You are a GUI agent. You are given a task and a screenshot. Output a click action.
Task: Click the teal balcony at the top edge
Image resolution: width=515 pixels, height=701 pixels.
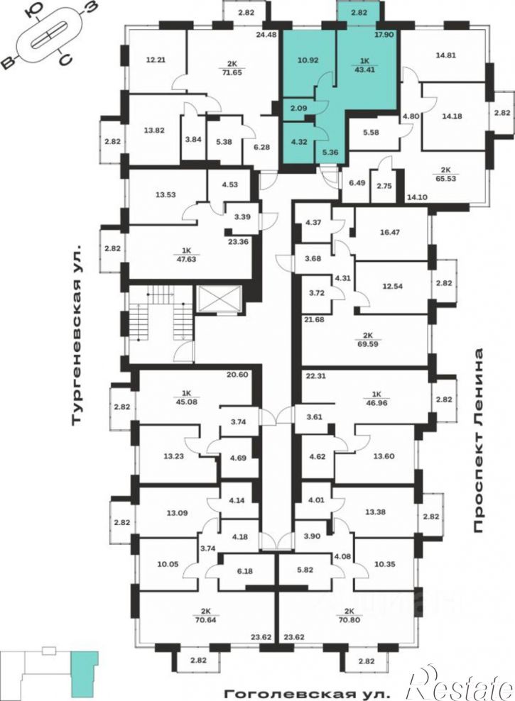359,12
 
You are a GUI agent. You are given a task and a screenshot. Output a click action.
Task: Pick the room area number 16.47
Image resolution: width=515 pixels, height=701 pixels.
390,232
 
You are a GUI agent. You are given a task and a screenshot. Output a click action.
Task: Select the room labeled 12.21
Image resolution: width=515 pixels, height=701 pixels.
156,58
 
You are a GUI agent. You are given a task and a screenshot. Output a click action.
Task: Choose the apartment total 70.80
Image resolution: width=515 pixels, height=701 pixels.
349,619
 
